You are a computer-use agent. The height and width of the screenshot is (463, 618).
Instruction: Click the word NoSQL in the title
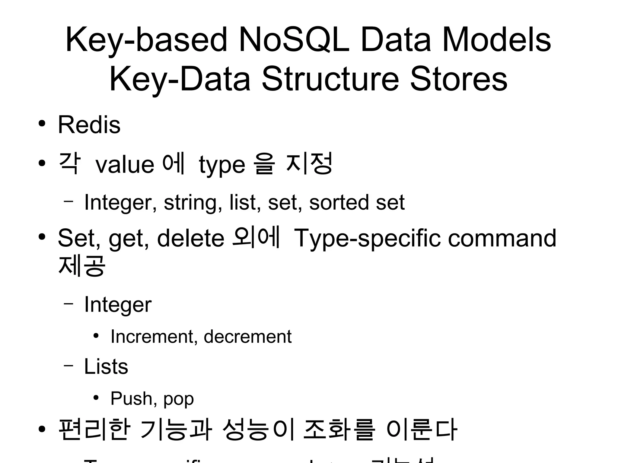294,40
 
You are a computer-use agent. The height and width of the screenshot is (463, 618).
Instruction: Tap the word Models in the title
496,40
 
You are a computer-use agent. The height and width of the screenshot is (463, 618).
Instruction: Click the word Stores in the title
458,79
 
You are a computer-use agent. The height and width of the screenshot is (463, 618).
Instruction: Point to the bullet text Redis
89,125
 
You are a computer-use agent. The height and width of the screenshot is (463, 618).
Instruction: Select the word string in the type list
190,202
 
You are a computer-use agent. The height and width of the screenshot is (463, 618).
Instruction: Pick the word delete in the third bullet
191,238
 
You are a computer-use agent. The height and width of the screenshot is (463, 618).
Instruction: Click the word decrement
248,337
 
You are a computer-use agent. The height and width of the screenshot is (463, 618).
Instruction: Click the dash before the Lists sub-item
68,365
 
